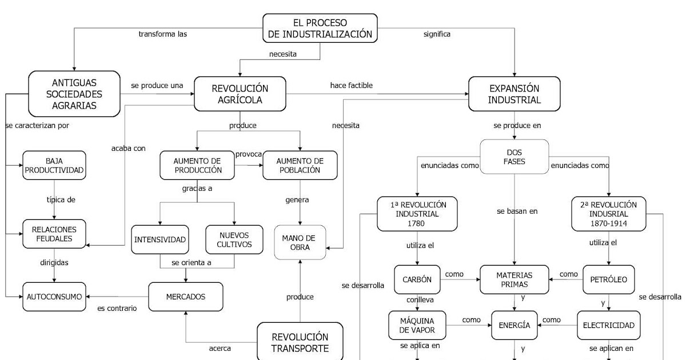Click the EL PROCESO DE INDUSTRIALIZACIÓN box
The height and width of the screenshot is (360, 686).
click(x=320, y=28)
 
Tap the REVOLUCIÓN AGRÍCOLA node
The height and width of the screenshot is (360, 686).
click(x=240, y=94)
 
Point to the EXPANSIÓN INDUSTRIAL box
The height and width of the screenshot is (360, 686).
click(x=514, y=94)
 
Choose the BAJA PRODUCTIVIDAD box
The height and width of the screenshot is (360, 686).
click(x=54, y=165)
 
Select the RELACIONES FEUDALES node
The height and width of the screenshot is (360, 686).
click(x=54, y=233)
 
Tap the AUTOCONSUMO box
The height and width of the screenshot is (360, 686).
click(x=54, y=297)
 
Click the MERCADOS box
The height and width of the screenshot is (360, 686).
click(x=185, y=297)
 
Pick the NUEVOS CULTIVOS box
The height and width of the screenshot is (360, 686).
click(x=235, y=239)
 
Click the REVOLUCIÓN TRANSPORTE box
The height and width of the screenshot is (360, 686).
click(x=300, y=342)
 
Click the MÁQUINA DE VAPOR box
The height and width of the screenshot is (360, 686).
click(x=417, y=325)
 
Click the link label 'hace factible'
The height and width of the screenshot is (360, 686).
click(x=351, y=86)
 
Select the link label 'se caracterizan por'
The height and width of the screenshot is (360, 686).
click(x=37, y=125)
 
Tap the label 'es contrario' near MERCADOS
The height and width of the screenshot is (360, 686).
click(x=117, y=309)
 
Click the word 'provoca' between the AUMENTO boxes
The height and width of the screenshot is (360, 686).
click(x=249, y=154)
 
